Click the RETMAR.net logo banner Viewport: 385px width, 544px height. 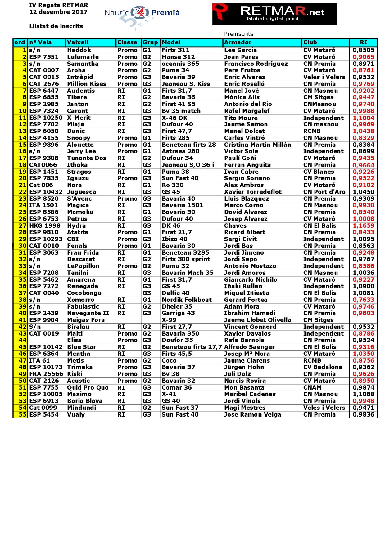tap(274, 14)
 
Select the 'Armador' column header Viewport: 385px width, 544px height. tap(238, 42)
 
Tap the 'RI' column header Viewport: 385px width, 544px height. tap(363, 42)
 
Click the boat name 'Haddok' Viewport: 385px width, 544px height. tap(79, 50)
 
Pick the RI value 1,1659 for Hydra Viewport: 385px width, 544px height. tap(363, 226)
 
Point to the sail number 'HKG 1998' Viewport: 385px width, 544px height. tap(44, 226)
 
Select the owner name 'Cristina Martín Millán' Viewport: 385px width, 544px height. tap(257, 145)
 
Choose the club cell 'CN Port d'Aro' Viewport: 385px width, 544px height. tap(324, 192)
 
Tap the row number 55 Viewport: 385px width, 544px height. tap(23, 415)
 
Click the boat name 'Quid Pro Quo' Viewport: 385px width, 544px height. tap(88, 388)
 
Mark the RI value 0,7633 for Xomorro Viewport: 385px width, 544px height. tap(363, 300)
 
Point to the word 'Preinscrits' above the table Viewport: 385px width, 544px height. tap(238, 34)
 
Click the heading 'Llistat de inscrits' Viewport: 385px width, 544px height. tap(56, 26)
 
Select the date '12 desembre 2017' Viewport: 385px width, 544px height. tap(58, 12)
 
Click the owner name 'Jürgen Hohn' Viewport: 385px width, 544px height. tap(244, 367)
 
